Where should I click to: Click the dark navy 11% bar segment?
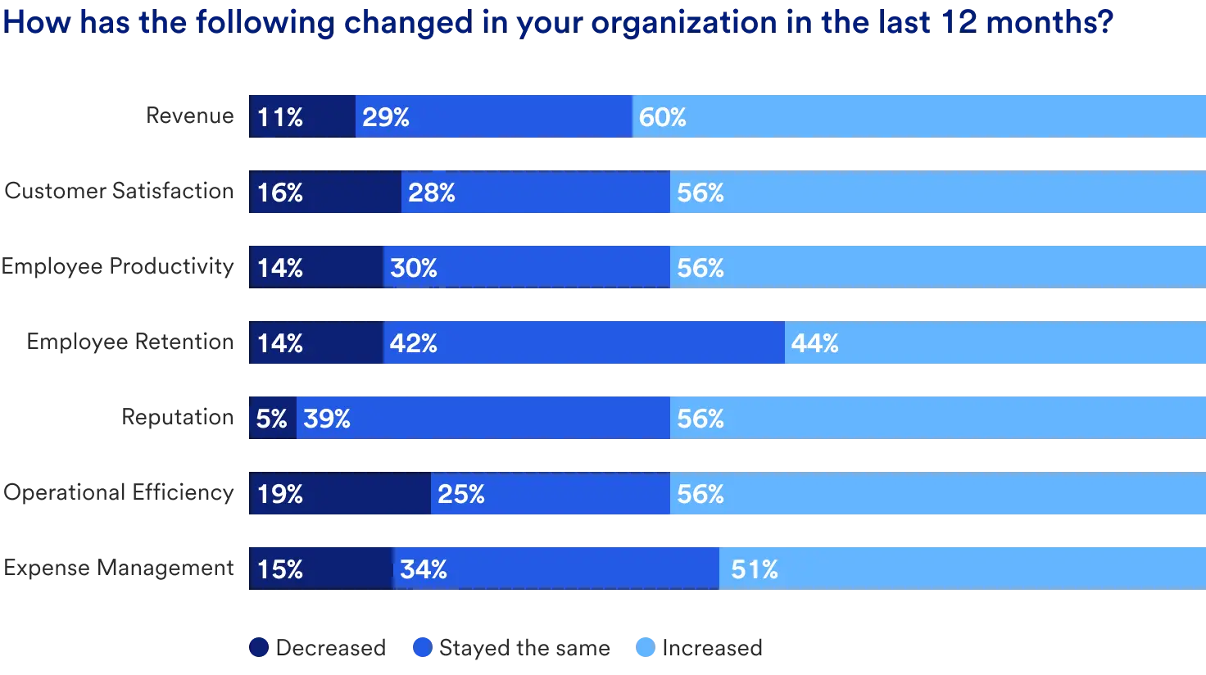pos(301,116)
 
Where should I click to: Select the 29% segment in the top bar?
pos(493,116)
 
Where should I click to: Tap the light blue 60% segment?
pos(918,116)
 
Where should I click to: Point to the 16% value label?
pos(280,193)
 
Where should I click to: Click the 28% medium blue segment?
pos(535,193)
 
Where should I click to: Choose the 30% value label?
pos(414,268)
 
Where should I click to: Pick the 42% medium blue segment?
pos(583,343)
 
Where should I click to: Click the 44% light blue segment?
pos(995,343)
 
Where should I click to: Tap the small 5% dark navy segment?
pos(272,419)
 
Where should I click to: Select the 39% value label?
pos(327,419)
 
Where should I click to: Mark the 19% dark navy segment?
pos(339,494)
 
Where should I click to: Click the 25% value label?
pos(461,494)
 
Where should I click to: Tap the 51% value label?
pos(755,569)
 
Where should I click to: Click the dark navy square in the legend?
pos(259,649)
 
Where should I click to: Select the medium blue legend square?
pos(423,649)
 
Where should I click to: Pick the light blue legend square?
pos(646,649)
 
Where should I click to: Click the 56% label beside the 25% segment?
pos(700,494)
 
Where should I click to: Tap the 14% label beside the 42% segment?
pos(280,343)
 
